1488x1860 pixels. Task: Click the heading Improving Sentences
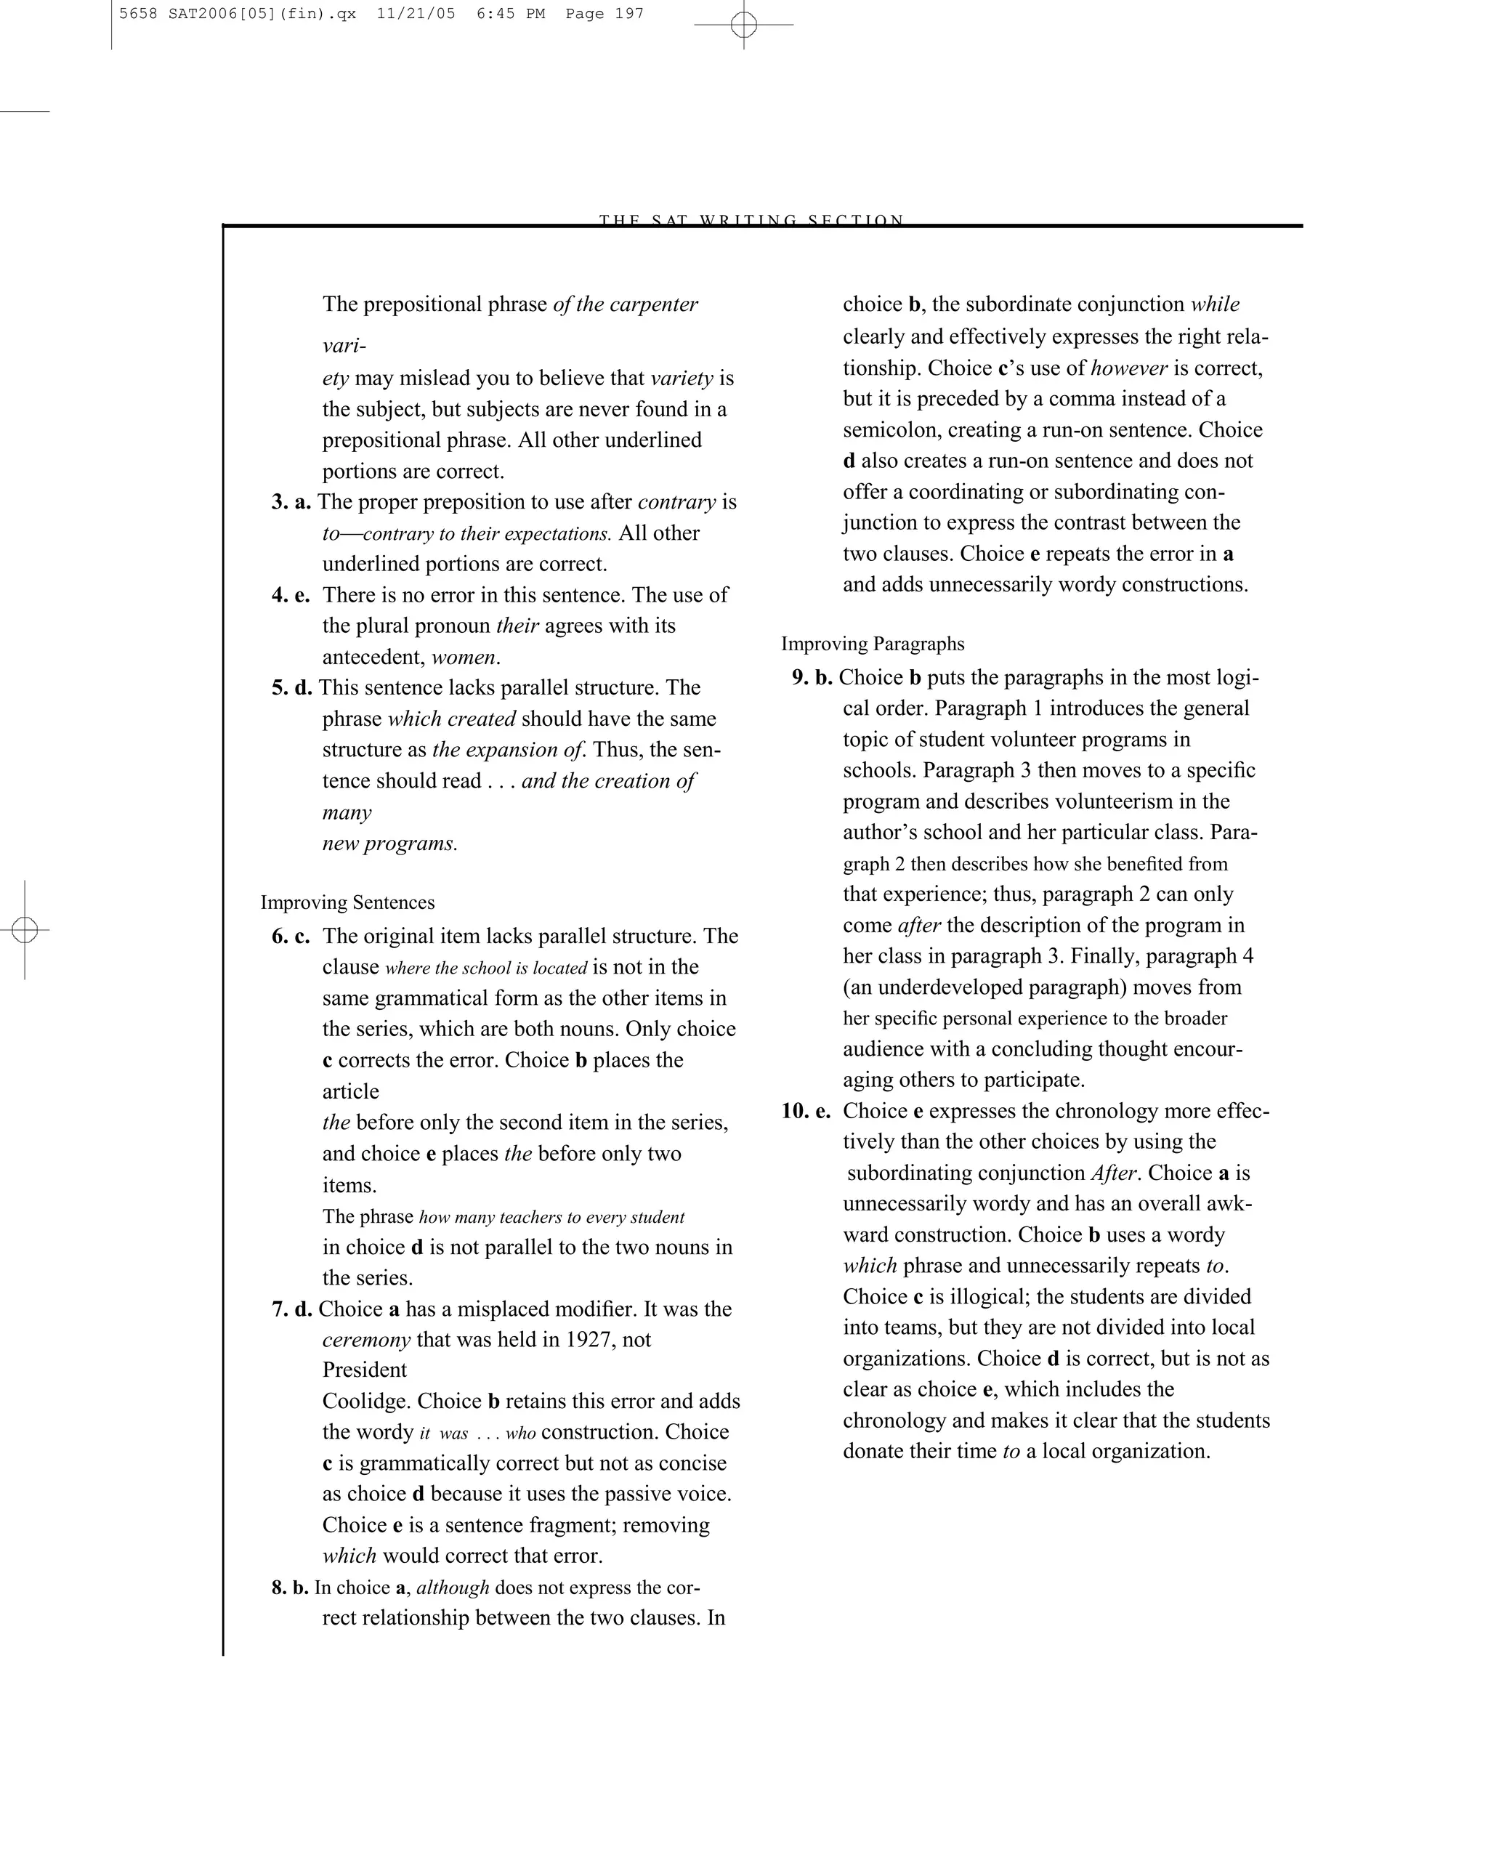(x=347, y=902)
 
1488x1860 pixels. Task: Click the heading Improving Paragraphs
(x=872, y=644)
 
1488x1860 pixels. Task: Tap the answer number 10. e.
(x=806, y=1110)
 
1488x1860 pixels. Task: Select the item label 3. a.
(x=291, y=502)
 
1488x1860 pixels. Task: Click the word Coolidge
(x=363, y=1401)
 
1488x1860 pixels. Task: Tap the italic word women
(x=464, y=658)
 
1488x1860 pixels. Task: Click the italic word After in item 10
(x=1115, y=1173)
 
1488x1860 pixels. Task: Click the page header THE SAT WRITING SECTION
(x=751, y=220)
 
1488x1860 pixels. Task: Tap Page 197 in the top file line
(x=604, y=14)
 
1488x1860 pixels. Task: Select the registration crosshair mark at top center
(x=743, y=25)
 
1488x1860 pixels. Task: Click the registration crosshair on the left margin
(x=25, y=930)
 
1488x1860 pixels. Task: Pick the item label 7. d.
(x=291, y=1309)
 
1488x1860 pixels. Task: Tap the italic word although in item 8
(x=452, y=1588)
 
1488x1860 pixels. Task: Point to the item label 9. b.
(x=812, y=677)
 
